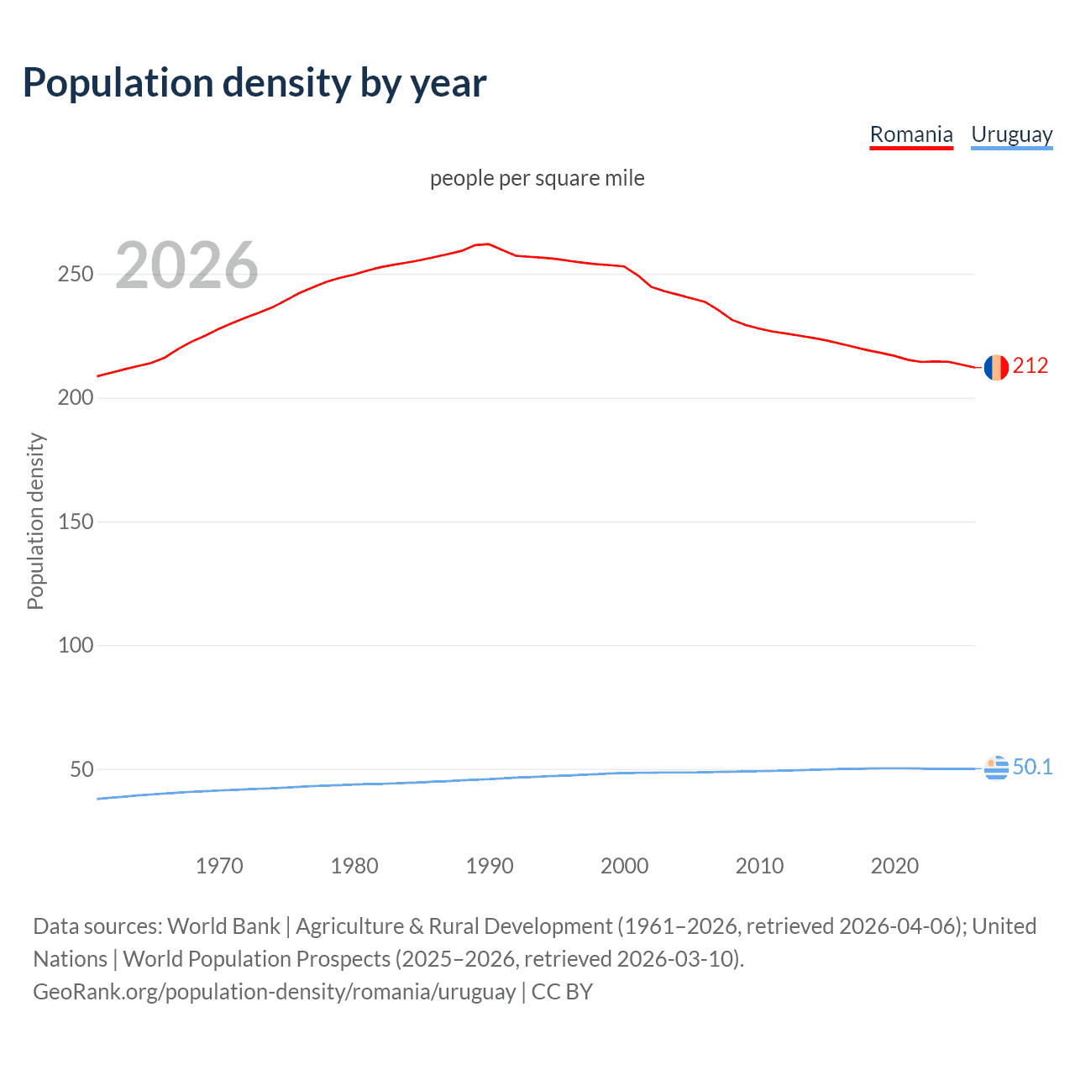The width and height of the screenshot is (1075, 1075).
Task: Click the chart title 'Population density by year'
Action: (254, 83)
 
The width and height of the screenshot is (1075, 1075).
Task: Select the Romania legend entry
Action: (911, 134)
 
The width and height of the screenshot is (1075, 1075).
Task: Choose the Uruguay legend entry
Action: (1011, 134)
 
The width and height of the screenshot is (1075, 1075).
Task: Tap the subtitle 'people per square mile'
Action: (537, 178)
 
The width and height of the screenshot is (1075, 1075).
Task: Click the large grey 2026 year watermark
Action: (186, 265)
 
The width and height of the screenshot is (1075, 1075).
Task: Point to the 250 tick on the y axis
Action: (76, 275)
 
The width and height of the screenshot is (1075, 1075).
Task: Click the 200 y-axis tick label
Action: (76, 398)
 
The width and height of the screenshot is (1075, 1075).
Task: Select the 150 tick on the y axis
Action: (76, 522)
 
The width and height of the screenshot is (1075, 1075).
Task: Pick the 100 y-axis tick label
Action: (76, 646)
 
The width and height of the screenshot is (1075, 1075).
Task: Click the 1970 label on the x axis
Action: (219, 866)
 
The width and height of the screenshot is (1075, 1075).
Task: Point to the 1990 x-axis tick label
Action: (490, 866)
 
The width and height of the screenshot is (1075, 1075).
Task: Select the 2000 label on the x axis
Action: (625, 866)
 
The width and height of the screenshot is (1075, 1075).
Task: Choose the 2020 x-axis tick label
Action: (894, 866)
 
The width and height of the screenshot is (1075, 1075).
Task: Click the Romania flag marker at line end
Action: (996, 368)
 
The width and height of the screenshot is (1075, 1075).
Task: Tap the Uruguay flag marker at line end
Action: (996, 768)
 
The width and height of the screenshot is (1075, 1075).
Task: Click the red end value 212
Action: (1030, 365)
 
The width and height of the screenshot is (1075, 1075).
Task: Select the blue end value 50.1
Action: (1032, 767)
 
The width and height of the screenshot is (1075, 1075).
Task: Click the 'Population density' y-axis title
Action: (35, 521)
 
